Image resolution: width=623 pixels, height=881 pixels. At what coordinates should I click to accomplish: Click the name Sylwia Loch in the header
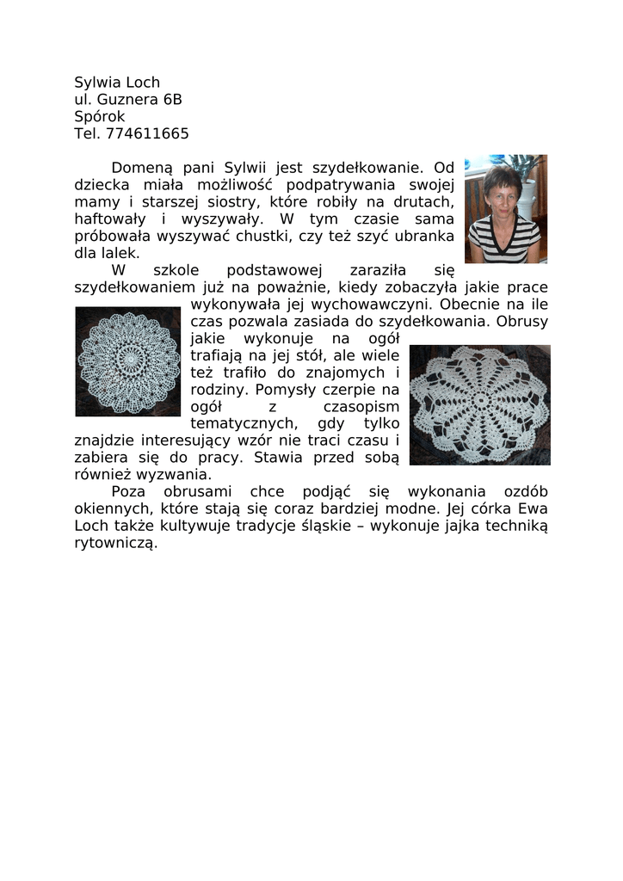click(x=117, y=83)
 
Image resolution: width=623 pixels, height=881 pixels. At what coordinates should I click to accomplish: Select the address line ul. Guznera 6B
click(x=128, y=100)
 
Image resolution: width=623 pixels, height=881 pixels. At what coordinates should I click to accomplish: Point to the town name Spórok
click(x=100, y=117)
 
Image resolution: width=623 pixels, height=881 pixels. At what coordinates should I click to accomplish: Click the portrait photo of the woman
click(x=505, y=209)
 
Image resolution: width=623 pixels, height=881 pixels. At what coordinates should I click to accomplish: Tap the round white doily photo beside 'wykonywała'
click(x=128, y=361)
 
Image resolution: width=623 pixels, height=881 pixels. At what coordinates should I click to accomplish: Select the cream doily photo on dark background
click(x=479, y=404)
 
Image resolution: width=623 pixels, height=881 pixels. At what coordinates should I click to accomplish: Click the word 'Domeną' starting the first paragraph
click(x=142, y=168)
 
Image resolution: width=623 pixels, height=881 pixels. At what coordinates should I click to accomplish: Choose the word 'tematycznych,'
click(x=244, y=423)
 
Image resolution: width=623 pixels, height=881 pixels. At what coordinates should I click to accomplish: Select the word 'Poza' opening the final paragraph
click(x=129, y=491)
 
